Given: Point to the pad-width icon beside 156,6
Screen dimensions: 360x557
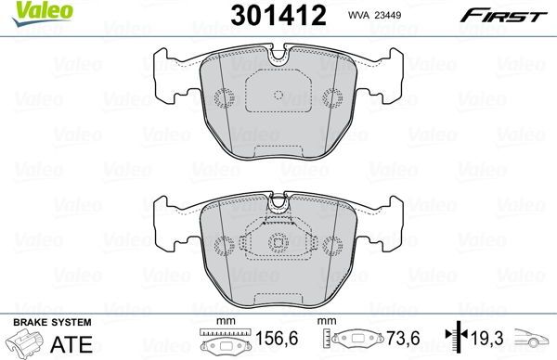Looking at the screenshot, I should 220,342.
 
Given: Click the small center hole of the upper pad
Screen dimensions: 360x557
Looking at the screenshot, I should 278,95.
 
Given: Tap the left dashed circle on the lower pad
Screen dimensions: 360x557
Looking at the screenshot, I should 223,245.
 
